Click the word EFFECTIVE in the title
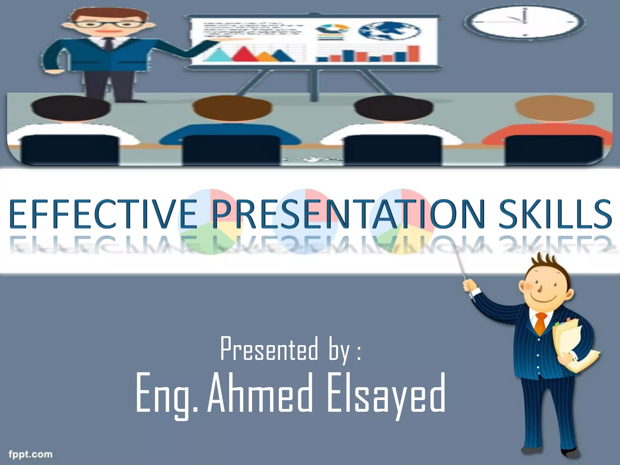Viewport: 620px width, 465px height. point(103,213)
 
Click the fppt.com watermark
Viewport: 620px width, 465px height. point(30,454)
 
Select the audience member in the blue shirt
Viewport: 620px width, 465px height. point(232,127)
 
